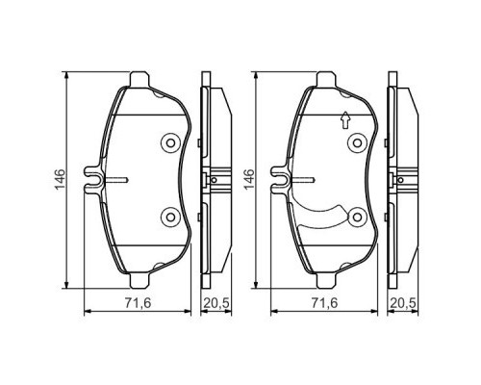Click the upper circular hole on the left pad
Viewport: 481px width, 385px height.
tap(170, 143)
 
